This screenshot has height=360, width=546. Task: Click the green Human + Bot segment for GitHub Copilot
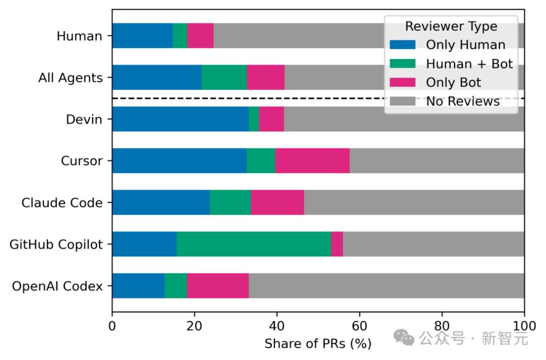click(254, 244)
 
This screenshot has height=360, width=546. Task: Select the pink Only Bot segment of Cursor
click(312, 161)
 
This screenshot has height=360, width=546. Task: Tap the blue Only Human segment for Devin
click(180, 119)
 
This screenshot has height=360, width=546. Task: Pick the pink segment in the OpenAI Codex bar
click(217, 286)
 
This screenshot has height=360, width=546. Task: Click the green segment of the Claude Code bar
click(230, 202)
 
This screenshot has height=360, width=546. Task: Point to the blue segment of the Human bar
click(142, 35)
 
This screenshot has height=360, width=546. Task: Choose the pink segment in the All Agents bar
click(265, 77)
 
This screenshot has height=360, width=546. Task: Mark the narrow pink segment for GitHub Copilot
click(337, 244)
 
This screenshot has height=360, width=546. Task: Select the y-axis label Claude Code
click(62, 203)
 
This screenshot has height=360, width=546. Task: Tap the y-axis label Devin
click(84, 119)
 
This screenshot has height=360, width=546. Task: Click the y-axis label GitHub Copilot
click(56, 245)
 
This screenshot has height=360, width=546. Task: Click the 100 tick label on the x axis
click(524, 325)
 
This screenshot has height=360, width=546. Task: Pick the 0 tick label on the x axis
click(112, 325)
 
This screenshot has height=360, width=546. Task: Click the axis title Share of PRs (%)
click(318, 344)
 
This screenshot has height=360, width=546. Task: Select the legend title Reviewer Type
click(451, 26)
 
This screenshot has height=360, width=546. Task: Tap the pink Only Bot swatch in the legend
click(402, 82)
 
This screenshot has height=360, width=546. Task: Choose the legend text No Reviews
click(463, 101)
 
